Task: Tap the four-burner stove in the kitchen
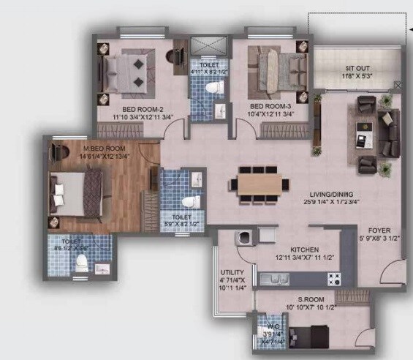click(334, 279)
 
